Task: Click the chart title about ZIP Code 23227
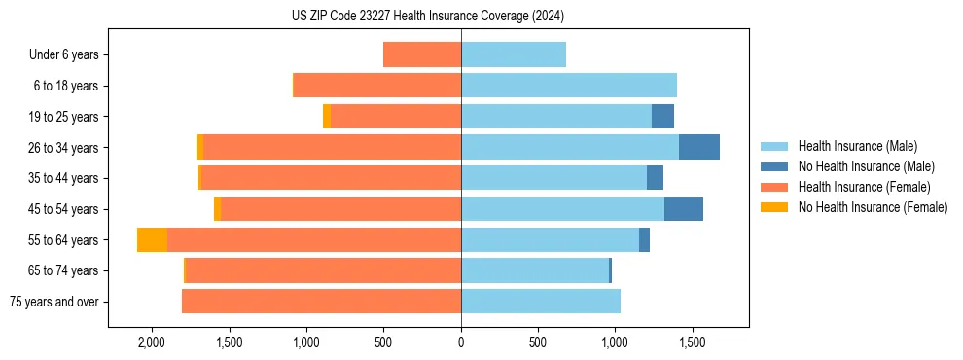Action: (428, 16)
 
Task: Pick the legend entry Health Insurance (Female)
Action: (857, 187)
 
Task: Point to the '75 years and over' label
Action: (54, 302)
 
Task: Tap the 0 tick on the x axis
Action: (461, 343)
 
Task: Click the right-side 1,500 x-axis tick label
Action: (692, 343)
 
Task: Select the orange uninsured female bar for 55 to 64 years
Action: (152, 240)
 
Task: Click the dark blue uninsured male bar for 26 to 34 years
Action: (699, 148)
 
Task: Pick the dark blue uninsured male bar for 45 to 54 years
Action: (684, 209)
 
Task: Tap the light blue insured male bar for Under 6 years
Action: (514, 55)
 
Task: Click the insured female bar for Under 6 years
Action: (422, 55)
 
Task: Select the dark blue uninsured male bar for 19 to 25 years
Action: (662, 117)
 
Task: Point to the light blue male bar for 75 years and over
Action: (541, 302)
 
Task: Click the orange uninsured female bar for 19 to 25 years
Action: (327, 117)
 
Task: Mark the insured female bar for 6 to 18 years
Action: (377, 86)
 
